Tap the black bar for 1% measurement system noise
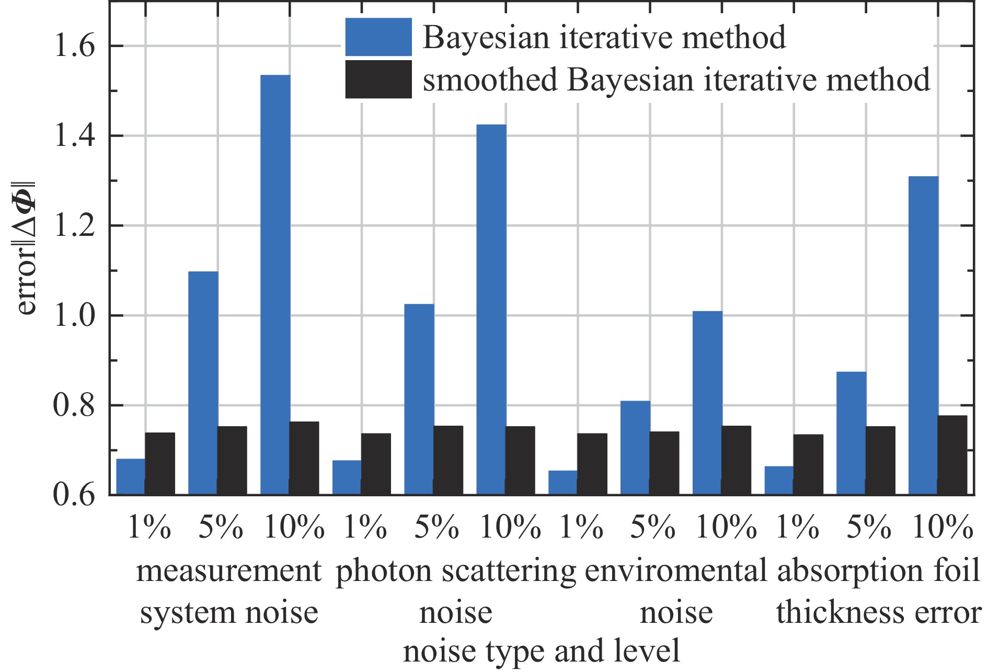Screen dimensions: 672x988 click(x=160, y=463)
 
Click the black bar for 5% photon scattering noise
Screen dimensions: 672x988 click(x=448, y=460)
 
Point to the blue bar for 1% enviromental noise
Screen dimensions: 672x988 click(x=563, y=483)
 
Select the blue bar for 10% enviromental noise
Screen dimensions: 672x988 click(x=707, y=403)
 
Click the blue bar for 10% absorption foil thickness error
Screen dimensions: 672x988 click(x=923, y=335)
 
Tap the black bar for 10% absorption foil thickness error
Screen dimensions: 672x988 click(x=952, y=455)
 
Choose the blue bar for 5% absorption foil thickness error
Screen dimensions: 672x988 click(x=851, y=433)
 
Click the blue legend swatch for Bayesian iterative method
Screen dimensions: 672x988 click(x=378, y=37)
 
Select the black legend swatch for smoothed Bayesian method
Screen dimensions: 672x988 click(x=378, y=79)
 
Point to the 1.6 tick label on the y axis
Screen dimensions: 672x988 click(x=74, y=47)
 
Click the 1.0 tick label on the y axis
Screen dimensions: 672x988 click(x=74, y=316)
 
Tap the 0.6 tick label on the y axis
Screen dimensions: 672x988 click(x=74, y=495)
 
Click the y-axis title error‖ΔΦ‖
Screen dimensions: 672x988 click(x=26, y=248)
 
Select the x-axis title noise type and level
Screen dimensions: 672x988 click(x=541, y=651)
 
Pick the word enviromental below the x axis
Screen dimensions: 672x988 click(x=675, y=571)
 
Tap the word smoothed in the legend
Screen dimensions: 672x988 click(x=490, y=80)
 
